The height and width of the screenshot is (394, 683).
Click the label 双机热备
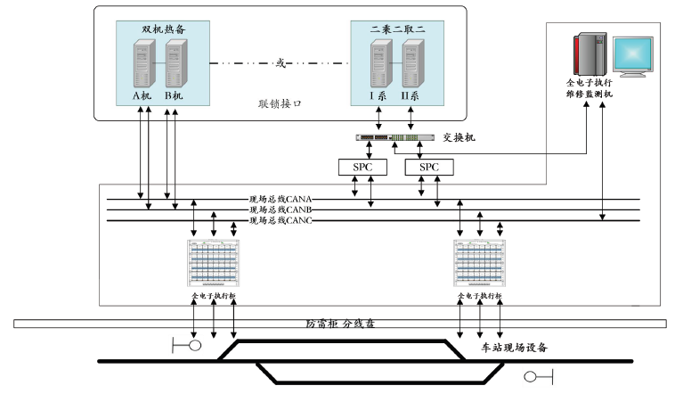156,29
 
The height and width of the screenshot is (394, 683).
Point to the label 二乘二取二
397,29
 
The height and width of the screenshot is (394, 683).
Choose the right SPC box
429,167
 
